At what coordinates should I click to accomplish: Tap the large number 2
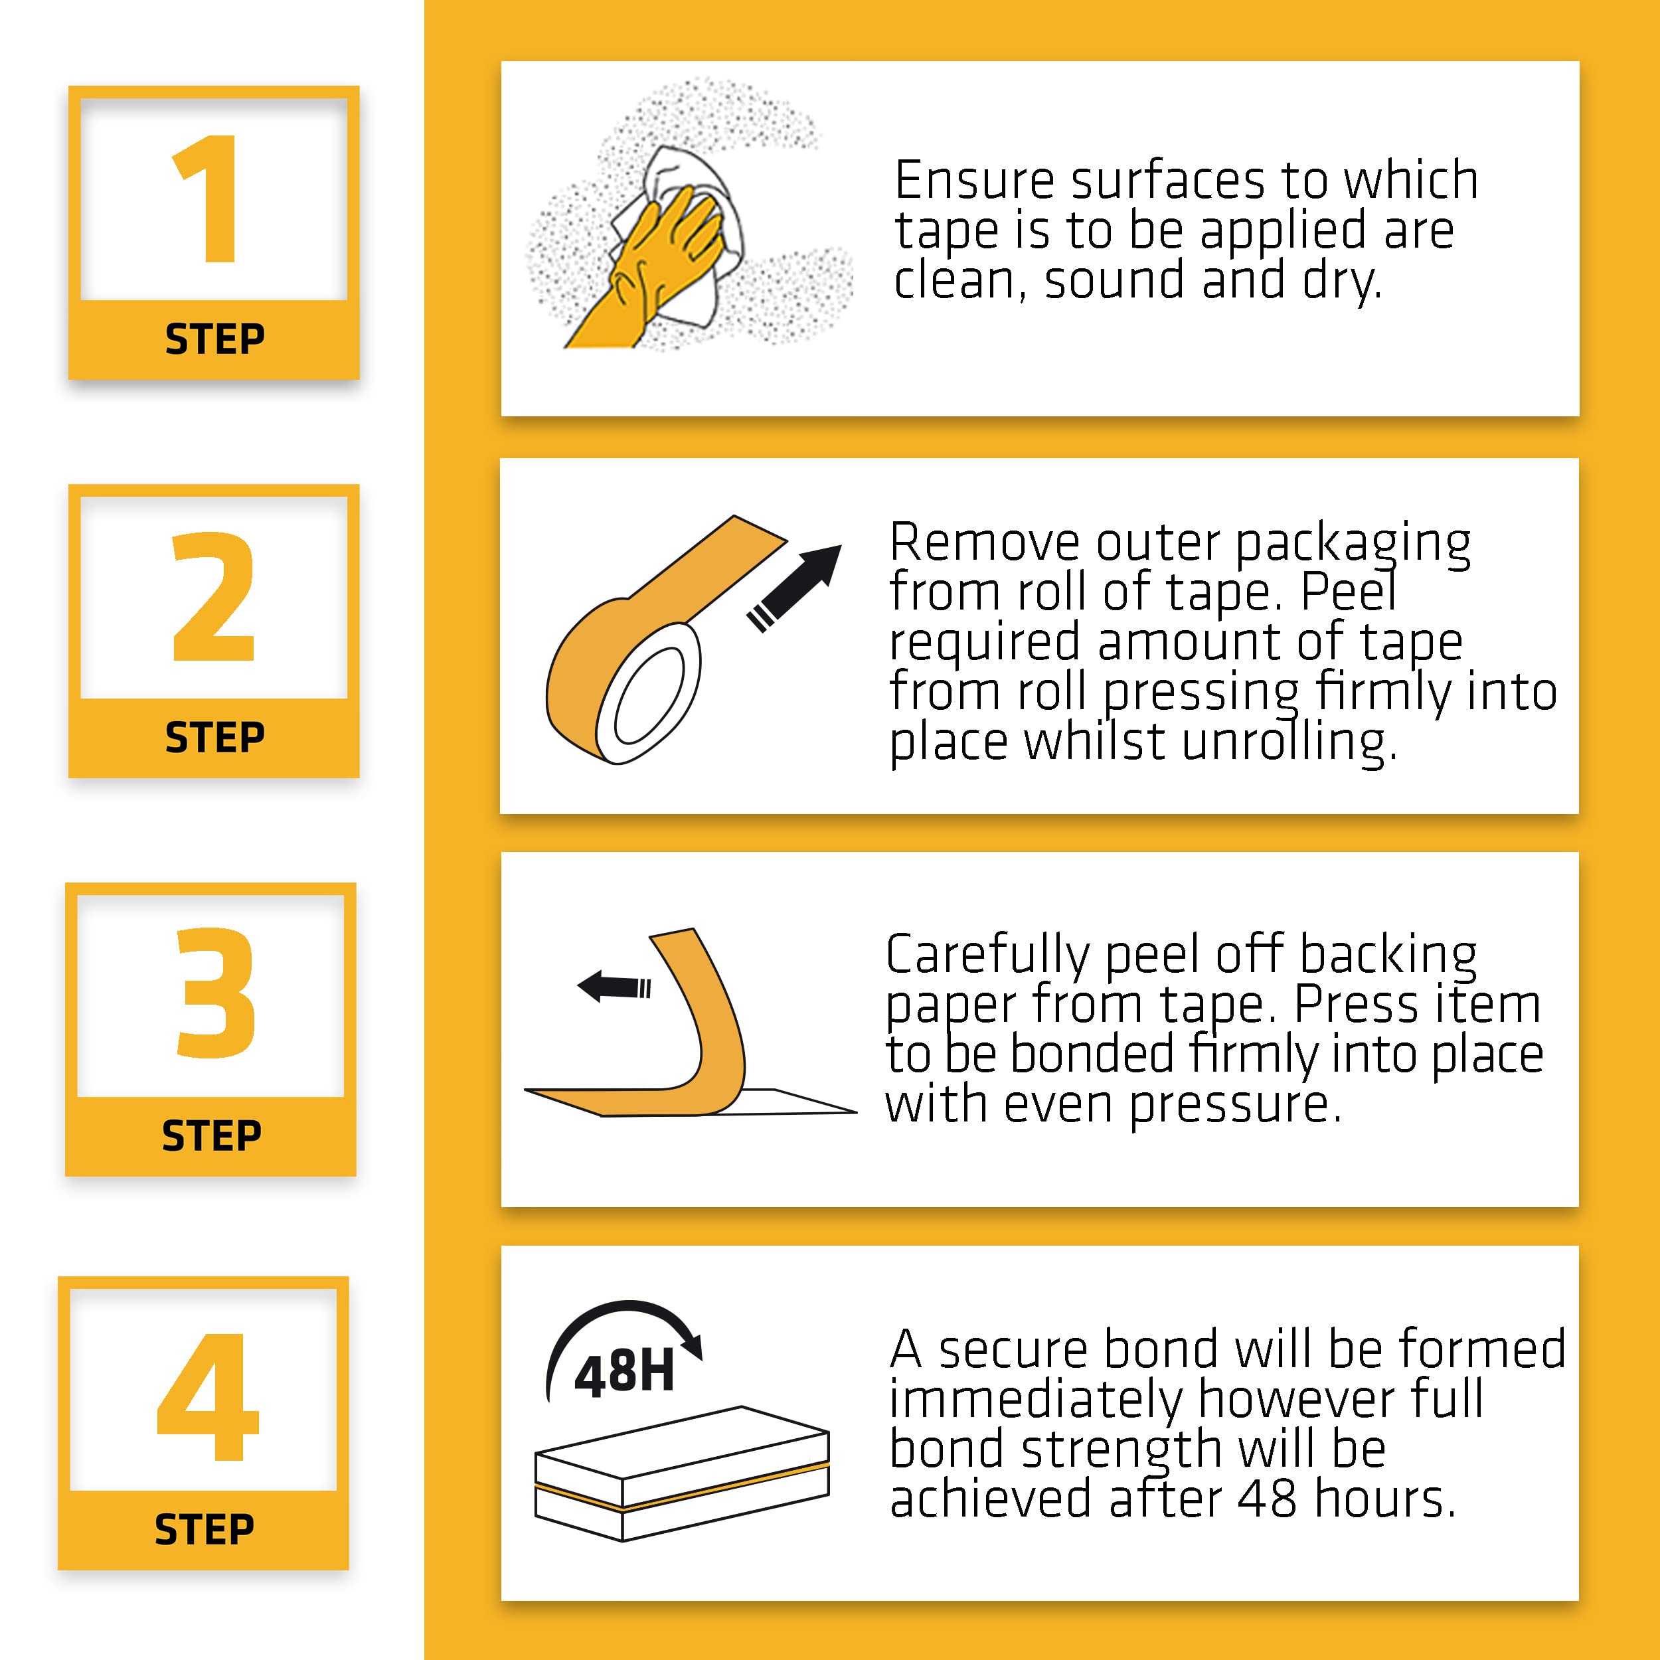214,596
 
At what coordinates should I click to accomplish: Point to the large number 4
207,1397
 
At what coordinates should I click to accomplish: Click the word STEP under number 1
214,339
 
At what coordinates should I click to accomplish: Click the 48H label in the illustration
623,1372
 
